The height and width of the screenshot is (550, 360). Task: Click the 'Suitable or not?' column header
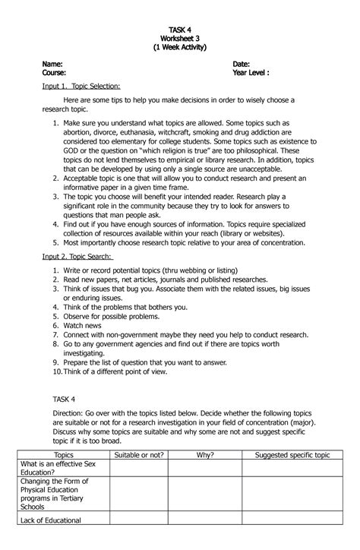tap(139, 454)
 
